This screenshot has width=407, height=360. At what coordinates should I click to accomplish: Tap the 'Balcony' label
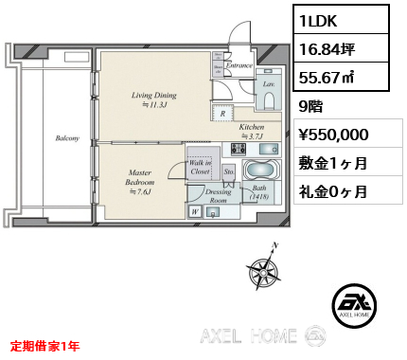pos(65,138)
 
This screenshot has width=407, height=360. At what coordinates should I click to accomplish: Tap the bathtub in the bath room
pos(258,172)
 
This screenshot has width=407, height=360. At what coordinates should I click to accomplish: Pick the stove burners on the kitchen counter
pos(235,150)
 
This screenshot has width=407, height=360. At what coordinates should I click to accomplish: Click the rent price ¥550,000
pos(340,135)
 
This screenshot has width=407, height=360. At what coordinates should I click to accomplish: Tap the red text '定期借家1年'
pos(46,347)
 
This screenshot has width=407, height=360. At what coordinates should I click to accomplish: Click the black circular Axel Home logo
pos(357,306)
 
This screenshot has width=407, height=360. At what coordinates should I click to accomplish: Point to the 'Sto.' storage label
pos(228,171)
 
